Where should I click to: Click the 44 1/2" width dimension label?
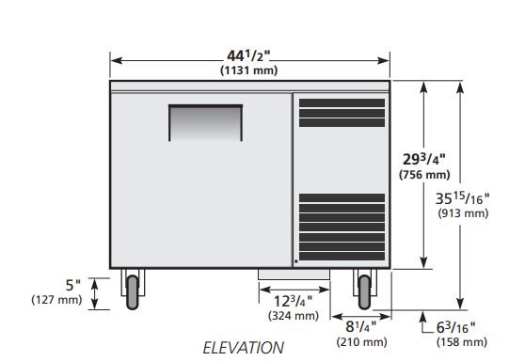click(x=248, y=55)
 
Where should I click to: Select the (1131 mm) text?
click(x=249, y=71)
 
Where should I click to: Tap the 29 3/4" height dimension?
click(x=424, y=159)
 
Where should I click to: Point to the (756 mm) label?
click(x=424, y=175)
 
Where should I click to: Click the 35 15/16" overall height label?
click(x=462, y=198)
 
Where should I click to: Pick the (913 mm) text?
click(x=463, y=213)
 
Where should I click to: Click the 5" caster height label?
click(x=73, y=286)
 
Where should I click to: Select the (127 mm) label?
click(x=56, y=299)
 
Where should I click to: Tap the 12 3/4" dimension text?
click(x=294, y=301)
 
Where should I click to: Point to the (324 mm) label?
click(x=294, y=316)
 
